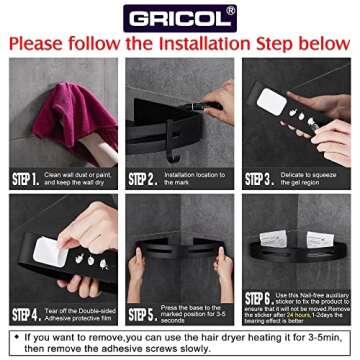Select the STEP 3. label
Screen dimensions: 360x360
[x=259, y=180]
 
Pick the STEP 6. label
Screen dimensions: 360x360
[x=259, y=299]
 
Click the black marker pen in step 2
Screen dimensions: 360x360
[x=205, y=101]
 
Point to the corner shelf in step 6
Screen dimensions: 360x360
[x=290, y=258]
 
